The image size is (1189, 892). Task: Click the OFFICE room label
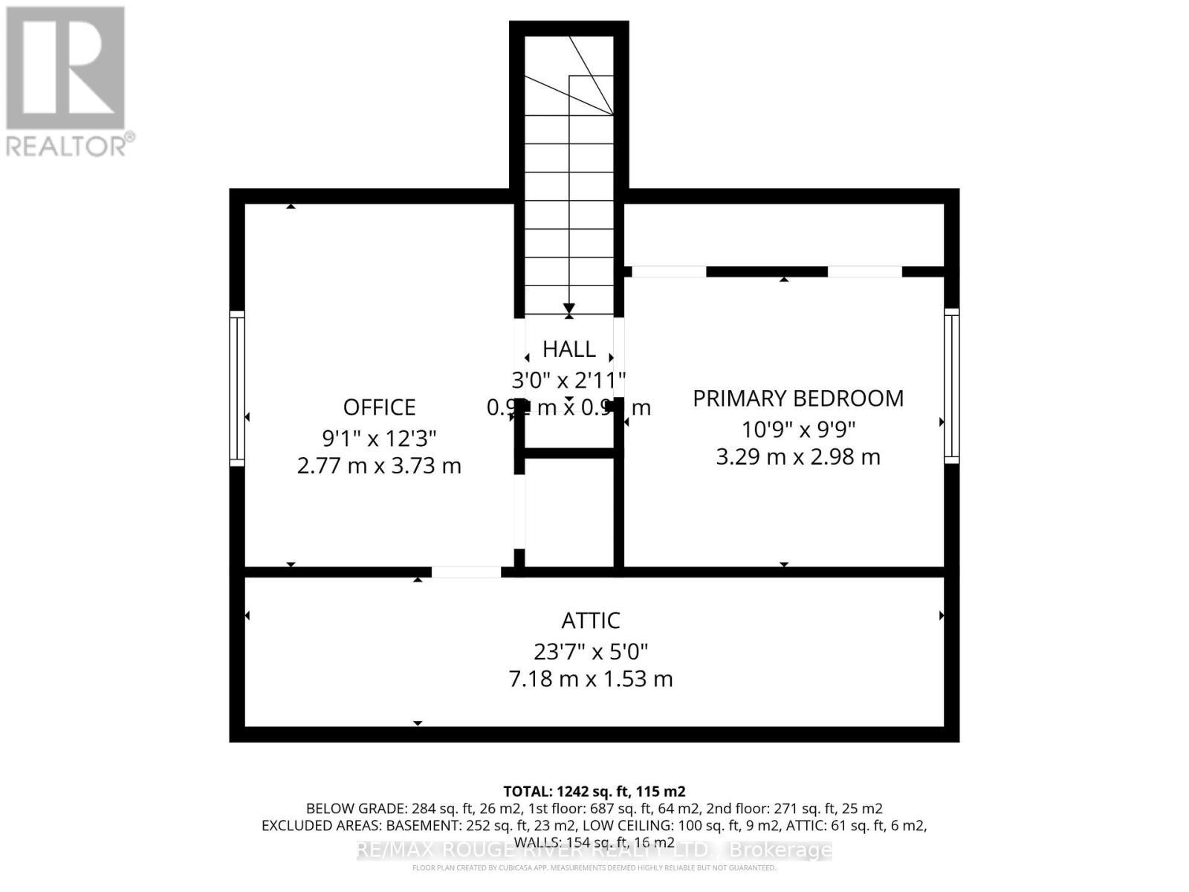pyautogui.click(x=379, y=407)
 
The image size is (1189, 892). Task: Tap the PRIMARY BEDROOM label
pyautogui.click(x=798, y=398)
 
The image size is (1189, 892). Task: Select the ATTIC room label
pyautogui.click(x=591, y=620)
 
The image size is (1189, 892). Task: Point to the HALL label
pyautogui.click(x=568, y=349)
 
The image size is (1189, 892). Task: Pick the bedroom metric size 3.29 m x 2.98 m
pyautogui.click(x=798, y=456)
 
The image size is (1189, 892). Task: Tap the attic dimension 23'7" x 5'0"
pyautogui.click(x=591, y=652)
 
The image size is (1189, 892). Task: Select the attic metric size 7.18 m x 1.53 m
pyautogui.click(x=591, y=679)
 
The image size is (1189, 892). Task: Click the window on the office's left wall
pyautogui.click(x=237, y=388)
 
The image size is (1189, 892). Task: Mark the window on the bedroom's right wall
pyautogui.click(x=951, y=386)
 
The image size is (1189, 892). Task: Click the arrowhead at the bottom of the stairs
pyautogui.click(x=569, y=308)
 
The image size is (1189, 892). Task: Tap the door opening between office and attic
pyautogui.click(x=466, y=572)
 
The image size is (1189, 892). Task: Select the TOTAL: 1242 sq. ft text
pyautogui.click(x=594, y=791)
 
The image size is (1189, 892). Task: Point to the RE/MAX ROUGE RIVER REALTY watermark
pyautogui.click(x=594, y=850)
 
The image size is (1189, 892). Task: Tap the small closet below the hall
pyautogui.click(x=569, y=513)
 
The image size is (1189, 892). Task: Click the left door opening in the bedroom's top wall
pyautogui.click(x=669, y=271)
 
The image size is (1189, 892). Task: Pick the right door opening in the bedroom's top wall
pyautogui.click(x=865, y=271)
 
